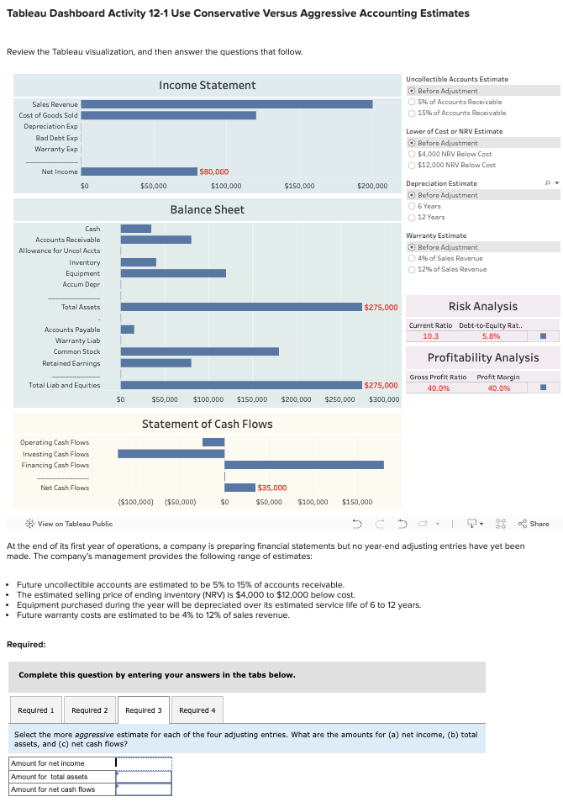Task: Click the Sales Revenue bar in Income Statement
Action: click(227, 104)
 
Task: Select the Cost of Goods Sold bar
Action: click(168, 115)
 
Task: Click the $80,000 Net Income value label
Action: click(213, 171)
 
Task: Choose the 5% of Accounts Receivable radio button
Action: click(411, 102)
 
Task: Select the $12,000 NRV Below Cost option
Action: click(411, 165)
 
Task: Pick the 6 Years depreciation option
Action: click(411, 206)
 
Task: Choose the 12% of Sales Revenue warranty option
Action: click(411, 269)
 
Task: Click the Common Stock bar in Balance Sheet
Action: click(200, 351)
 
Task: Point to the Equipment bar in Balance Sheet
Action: click(173, 273)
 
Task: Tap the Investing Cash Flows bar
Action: click(171, 454)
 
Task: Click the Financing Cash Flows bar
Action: click(303, 465)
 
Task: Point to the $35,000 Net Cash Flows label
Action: click(271, 488)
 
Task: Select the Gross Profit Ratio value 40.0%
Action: click(438, 388)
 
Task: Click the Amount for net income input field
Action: click(143, 763)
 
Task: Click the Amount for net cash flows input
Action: click(143, 789)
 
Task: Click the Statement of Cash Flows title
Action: click(207, 424)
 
